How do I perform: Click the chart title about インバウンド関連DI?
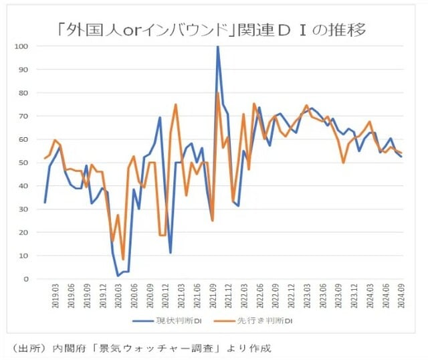point(213,29)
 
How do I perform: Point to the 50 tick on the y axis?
point(25,163)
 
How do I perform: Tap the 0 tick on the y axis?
point(27,279)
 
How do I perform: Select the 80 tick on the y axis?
point(25,93)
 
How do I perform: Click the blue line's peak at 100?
point(217,47)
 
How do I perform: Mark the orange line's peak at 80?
point(218,93)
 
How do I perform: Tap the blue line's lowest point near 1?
point(118,276)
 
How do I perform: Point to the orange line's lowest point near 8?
point(123,260)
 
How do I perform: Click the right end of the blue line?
point(401,156)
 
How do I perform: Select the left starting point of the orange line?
point(45,159)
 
